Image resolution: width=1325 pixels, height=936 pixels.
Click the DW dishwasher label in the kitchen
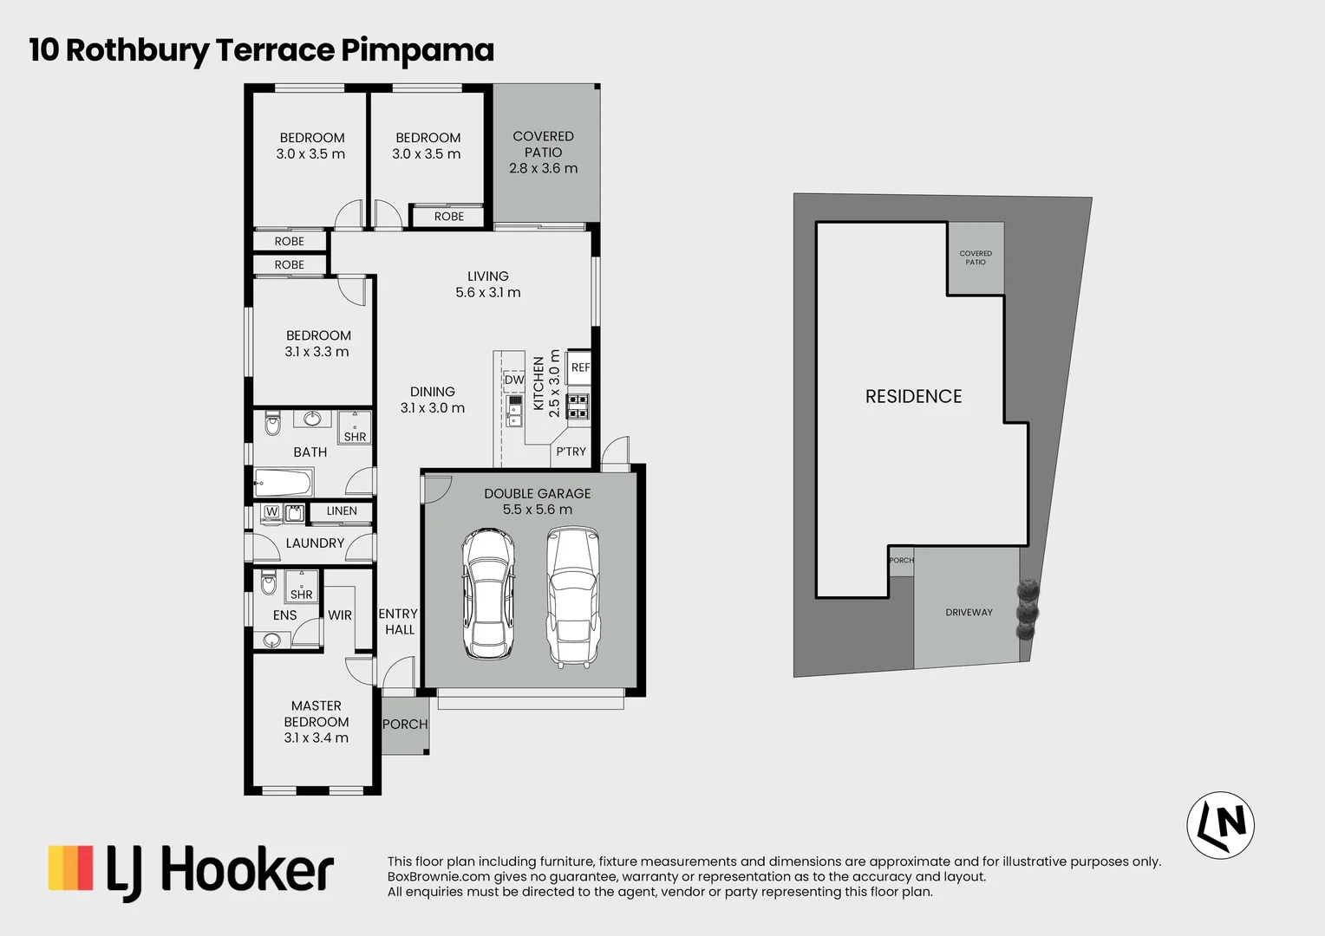pyautogui.click(x=514, y=380)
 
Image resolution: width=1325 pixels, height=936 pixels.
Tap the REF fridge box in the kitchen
pyautogui.click(x=579, y=367)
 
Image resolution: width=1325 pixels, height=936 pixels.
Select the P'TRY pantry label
pyautogui.click(x=571, y=452)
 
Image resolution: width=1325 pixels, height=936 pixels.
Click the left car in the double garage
pyautogui.click(x=487, y=595)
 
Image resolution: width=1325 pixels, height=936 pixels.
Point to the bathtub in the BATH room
pyautogui.click(x=283, y=482)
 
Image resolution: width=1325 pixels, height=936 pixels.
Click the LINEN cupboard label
pyautogui.click(x=342, y=511)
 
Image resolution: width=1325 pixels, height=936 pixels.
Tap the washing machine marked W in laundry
pyautogui.click(x=272, y=512)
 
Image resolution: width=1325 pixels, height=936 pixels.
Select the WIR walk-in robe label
pyautogui.click(x=340, y=615)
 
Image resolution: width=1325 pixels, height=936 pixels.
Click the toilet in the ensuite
pyautogui.click(x=269, y=584)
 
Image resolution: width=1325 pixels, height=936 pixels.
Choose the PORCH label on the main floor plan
pyautogui.click(x=405, y=725)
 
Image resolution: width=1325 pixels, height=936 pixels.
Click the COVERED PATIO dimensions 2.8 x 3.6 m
pyautogui.click(x=543, y=168)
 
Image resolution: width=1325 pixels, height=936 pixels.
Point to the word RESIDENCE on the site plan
pyautogui.click(x=913, y=397)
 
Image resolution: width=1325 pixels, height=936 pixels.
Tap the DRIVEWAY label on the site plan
pyautogui.click(x=969, y=613)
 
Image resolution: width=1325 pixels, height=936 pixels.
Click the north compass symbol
pyautogui.click(x=1220, y=825)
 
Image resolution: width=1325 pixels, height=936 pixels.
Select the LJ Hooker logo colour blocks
pyautogui.click(x=70, y=868)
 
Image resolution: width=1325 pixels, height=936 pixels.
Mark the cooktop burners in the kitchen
pyautogui.click(x=578, y=406)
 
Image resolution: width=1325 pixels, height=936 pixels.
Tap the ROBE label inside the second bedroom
pyautogui.click(x=448, y=217)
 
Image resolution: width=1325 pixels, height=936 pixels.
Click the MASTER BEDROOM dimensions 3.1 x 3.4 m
pyautogui.click(x=316, y=738)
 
